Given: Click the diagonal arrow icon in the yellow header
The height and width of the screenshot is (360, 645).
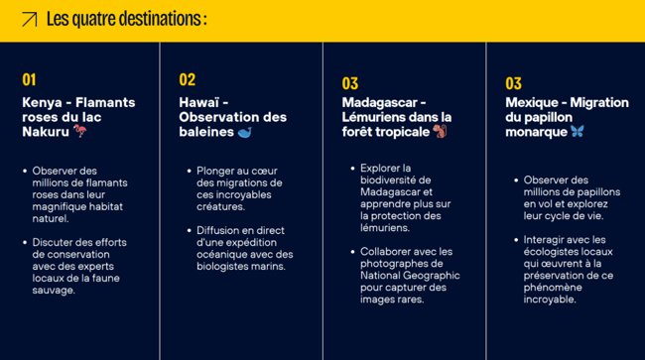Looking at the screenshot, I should click(x=30, y=19).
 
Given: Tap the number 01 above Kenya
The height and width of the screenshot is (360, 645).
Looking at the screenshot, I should click(x=29, y=79).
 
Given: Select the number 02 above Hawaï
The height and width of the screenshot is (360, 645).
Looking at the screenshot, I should click(x=188, y=79).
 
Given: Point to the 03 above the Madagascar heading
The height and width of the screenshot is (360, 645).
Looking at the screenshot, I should click(x=350, y=83).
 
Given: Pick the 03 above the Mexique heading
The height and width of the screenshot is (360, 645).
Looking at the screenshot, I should click(x=513, y=83).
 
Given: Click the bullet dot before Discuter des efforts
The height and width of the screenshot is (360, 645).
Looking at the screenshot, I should click(x=24, y=241).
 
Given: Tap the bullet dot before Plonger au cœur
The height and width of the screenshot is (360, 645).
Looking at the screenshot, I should click(x=188, y=171).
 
